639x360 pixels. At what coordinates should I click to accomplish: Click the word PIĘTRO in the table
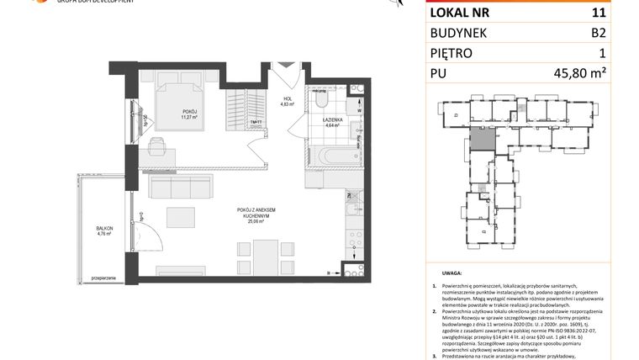(x=452, y=55)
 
